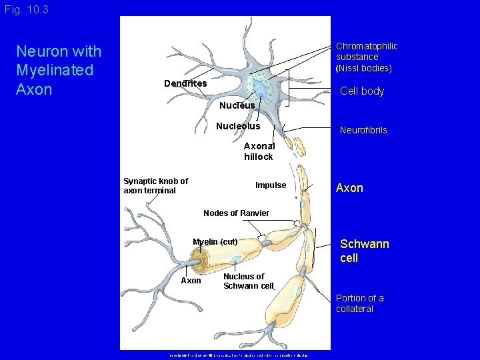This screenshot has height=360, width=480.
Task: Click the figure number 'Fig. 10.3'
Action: (x=26, y=10)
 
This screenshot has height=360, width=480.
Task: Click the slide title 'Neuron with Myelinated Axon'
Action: (x=59, y=70)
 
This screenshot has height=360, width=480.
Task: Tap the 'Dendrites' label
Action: (x=185, y=83)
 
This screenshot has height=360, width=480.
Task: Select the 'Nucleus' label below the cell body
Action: (x=237, y=105)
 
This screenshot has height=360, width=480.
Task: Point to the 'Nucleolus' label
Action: (x=238, y=126)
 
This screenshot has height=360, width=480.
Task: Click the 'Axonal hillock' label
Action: (x=259, y=151)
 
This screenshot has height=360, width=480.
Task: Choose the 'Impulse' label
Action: (x=271, y=185)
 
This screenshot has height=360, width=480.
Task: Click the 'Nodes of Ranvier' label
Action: (x=236, y=213)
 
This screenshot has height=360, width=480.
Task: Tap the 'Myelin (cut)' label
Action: (x=215, y=241)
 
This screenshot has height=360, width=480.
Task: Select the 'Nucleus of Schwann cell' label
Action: (x=248, y=281)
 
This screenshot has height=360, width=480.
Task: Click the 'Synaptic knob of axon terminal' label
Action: (x=156, y=185)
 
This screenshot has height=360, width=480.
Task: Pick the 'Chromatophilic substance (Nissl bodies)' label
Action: (x=366, y=57)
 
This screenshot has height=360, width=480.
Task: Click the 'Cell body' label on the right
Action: (x=362, y=91)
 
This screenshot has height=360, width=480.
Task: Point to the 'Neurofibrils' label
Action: (x=363, y=131)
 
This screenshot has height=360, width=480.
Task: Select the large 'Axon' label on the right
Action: (x=349, y=188)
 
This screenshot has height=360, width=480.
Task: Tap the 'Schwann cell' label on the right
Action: (x=364, y=251)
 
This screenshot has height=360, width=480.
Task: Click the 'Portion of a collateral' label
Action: (x=359, y=303)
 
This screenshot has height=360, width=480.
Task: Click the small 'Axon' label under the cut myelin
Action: (x=191, y=281)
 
